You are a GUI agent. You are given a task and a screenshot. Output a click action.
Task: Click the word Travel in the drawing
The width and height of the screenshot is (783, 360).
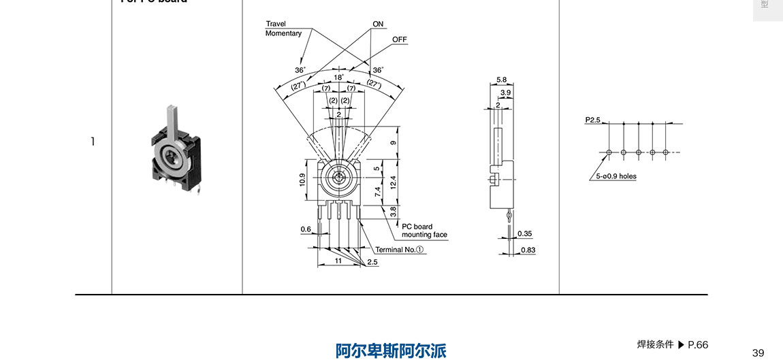point(276,24)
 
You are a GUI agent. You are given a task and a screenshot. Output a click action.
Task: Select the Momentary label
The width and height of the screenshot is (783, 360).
point(283,33)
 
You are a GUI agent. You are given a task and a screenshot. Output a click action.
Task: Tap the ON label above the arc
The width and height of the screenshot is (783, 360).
point(378,24)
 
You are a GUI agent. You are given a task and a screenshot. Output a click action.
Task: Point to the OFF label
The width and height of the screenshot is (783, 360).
point(400,39)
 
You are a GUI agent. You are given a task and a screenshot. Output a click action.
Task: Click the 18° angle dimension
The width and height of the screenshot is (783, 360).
point(338,78)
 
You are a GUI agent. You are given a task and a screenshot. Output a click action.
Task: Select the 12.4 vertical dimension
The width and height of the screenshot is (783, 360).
point(393,182)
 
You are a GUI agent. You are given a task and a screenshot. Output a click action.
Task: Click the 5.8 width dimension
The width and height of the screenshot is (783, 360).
point(501,80)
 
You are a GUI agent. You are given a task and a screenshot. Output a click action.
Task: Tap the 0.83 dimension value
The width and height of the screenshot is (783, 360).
point(528,250)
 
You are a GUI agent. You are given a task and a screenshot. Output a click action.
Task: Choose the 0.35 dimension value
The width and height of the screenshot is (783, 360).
point(524,233)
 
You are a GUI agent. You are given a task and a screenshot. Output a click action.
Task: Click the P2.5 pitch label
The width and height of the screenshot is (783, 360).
point(593,120)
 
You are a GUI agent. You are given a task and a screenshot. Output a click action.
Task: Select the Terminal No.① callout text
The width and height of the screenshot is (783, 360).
point(400,250)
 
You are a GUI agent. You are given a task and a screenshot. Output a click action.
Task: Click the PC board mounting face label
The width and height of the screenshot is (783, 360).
point(424,231)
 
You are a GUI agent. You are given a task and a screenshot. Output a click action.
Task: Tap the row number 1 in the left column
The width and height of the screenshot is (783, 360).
point(93,142)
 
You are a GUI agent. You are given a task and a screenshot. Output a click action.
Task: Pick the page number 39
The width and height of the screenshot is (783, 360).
point(758,352)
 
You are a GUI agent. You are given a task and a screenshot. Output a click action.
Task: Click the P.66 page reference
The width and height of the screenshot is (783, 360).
point(698,344)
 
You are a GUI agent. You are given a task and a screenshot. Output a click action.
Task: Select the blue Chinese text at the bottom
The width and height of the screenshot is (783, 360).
point(391,350)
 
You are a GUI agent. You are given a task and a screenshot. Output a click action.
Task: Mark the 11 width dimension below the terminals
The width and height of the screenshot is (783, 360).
point(338,261)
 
